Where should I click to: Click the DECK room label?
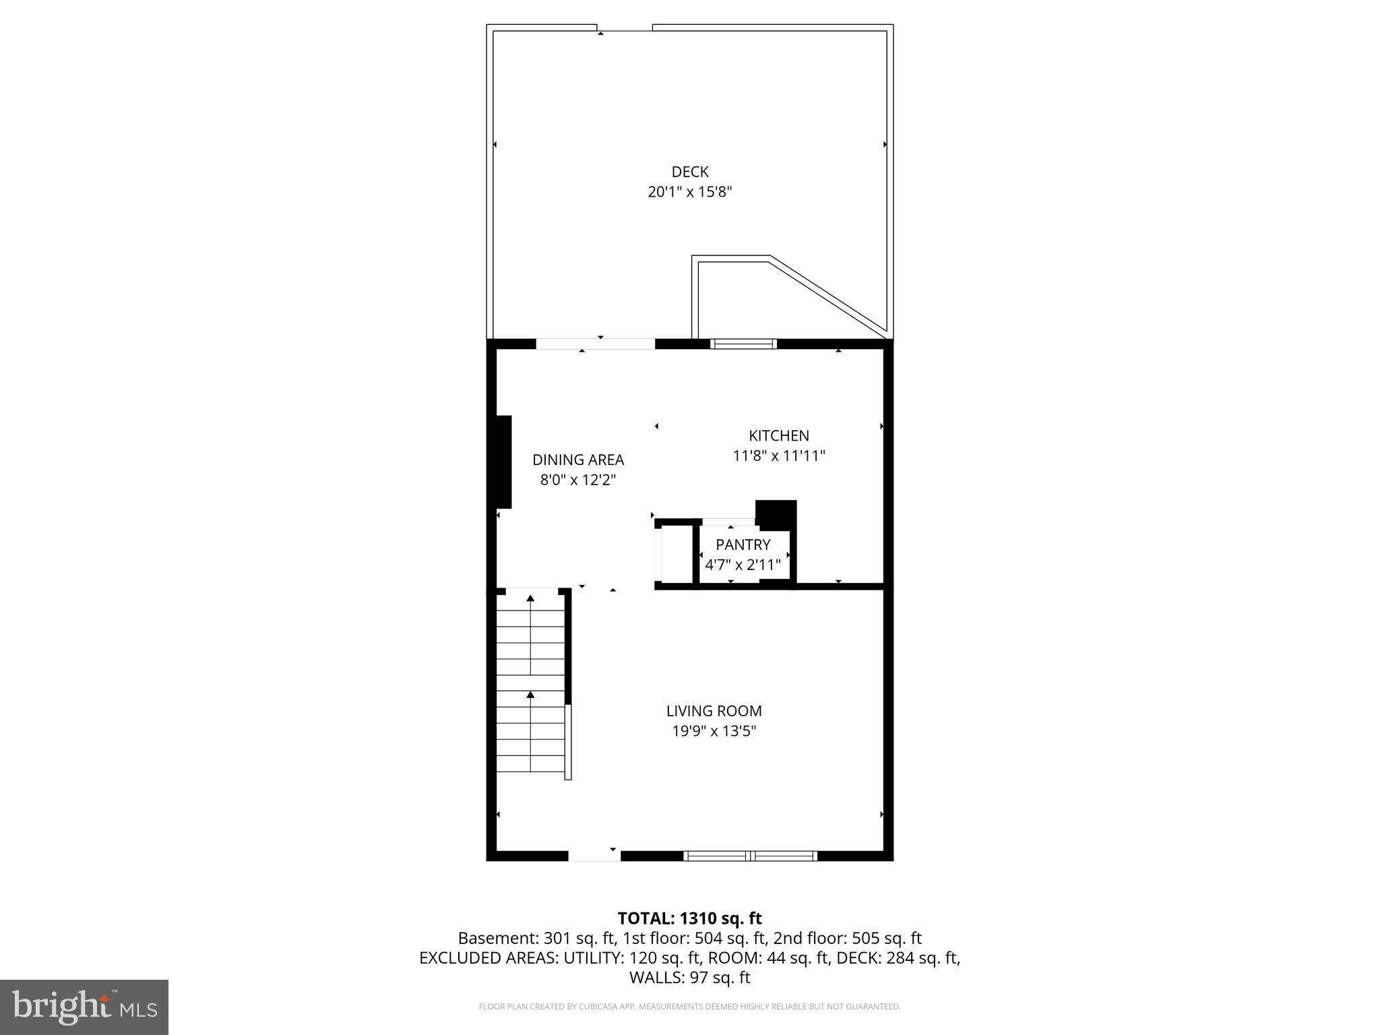point(689,172)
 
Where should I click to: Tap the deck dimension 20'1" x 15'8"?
point(689,192)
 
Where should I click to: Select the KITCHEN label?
point(778,436)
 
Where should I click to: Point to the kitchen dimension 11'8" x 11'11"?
point(778,456)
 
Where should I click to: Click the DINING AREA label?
point(578,460)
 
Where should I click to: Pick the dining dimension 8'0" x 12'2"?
point(578,480)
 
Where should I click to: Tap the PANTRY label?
point(743,544)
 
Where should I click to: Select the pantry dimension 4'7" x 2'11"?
point(743,565)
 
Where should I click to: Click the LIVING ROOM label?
point(714,711)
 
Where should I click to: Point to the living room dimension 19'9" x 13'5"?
point(714,731)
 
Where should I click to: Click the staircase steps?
point(531,684)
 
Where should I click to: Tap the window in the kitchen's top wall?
point(743,344)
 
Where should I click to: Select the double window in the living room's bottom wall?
point(750,856)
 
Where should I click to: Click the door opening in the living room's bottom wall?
point(594,856)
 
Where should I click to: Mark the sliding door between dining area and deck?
point(596,344)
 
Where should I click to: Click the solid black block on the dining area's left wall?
point(503,462)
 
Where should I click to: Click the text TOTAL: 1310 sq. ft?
point(689,918)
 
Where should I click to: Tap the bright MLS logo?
point(84,1007)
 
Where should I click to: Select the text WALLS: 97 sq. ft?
point(689,978)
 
